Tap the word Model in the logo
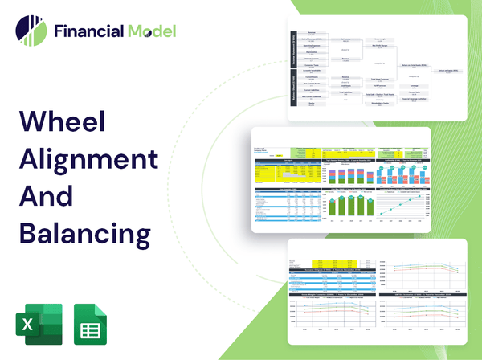(x=151, y=31)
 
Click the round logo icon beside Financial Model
(x=31, y=31)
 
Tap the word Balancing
(x=84, y=232)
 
